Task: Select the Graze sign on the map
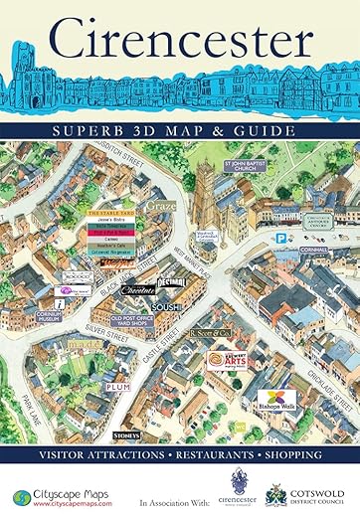(160, 207)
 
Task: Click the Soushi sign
(167, 308)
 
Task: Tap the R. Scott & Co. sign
(210, 330)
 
